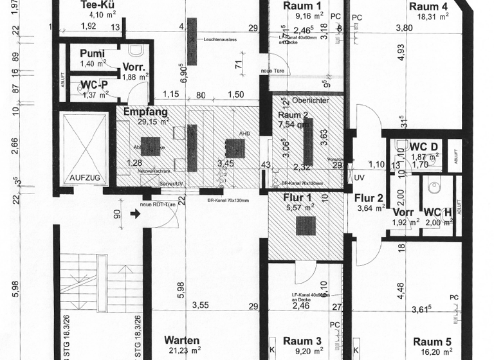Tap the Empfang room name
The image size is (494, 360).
pyautogui.click(x=145, y=111)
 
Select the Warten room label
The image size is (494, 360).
pyautogui.click(x=181, y=340)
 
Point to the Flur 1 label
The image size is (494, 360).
pyautogui.click(x=298, y=198)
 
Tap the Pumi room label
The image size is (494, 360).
pyautogui.click(x=93, y=54)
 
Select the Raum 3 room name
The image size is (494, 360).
pyautogui.click(x=301, y=341)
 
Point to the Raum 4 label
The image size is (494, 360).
pyautogui.click(x=428, y=6)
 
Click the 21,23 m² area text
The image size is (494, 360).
pyautogui.click(x=181, y=350)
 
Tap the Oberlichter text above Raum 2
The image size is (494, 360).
pyautogui.click(x=311, y=101)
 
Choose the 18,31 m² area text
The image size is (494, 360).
pyautogui.click(x=432, y=17)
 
